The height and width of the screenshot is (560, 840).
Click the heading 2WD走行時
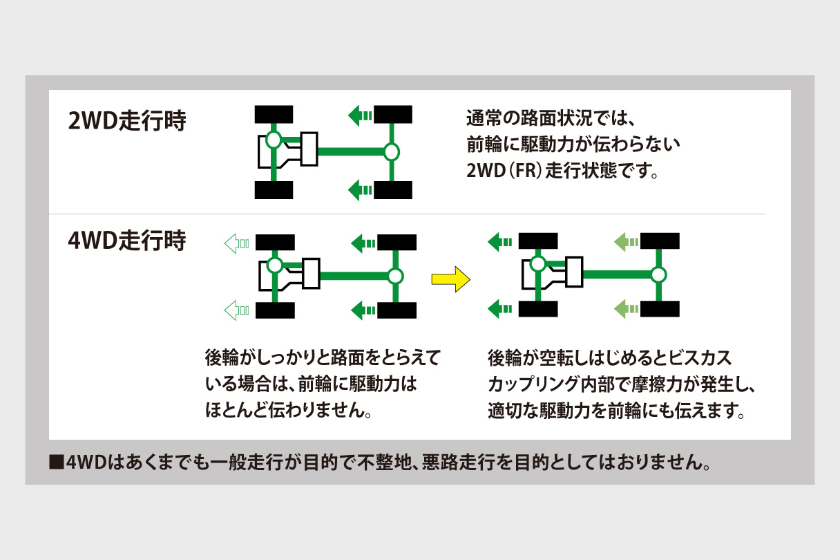127,123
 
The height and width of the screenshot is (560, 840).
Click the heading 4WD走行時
127,243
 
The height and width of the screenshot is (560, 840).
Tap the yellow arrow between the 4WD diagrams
450,280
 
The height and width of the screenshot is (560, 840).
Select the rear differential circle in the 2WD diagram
392,151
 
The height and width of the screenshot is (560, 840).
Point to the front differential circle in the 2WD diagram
274,140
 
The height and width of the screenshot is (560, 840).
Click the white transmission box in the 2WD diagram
309,148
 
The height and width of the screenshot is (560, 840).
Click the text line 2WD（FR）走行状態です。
562,171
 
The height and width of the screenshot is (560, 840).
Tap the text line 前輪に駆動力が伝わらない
573,144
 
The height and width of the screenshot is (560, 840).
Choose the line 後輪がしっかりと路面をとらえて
322,360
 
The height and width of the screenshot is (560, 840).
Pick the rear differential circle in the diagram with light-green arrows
658,275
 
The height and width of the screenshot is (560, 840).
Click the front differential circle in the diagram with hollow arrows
275,265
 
